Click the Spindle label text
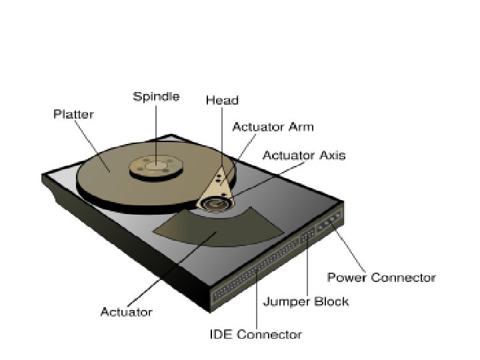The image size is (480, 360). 156,97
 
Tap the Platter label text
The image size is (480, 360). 73,114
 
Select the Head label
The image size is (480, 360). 222,100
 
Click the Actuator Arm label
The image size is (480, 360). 273,127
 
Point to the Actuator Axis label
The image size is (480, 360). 304,156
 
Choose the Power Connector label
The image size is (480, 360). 381,277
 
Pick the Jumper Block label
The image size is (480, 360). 305,301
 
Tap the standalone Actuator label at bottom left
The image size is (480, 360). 127,311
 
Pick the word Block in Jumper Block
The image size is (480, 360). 331,301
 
